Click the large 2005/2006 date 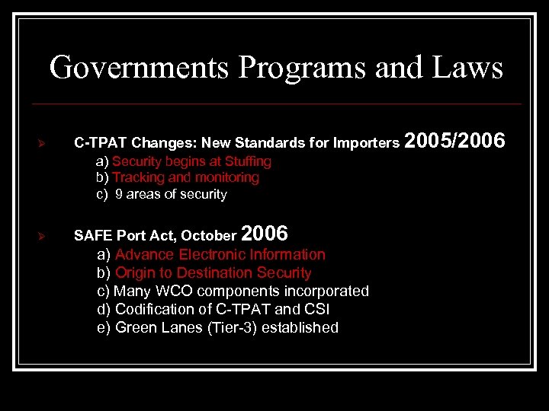point(454,141)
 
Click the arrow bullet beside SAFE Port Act point(43,237)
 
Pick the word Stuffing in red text point(248,161)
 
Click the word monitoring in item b point(226,177)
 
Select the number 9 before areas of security point(119,194)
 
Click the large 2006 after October point(264,233)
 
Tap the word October point(208,236)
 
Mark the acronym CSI point(316,309)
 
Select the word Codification point(154,309)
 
